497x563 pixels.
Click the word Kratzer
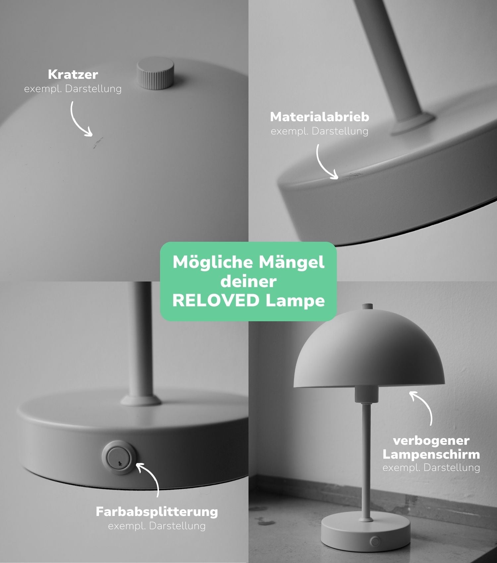click(x=73, y=75)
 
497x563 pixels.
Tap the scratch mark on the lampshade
click(x=98, y=143)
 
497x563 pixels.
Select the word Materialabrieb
click(x=319, y=117)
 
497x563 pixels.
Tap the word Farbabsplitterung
click(x=157, y=512)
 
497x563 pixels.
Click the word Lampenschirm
click(x=431, y=454)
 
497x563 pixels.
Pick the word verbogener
click(x=431, y=440)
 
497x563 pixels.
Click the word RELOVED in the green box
click(x=216, y=301)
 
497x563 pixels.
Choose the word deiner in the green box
click(x=248, y=281)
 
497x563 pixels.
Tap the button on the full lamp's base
click(x=375, y=541)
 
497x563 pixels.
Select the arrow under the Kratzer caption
click(x=80, y=119)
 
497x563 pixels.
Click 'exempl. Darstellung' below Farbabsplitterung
click(x=157, y=526)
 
